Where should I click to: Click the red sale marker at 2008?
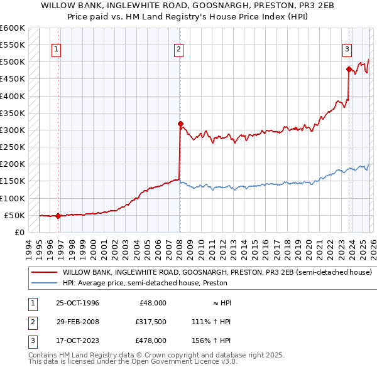180,124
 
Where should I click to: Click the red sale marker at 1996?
58,216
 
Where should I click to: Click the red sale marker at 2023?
349,70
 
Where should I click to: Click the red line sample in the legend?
44,273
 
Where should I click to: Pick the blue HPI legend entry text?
143,283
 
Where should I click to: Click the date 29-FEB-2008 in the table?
77,322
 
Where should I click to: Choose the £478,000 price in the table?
150,341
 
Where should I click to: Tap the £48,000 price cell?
152,303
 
